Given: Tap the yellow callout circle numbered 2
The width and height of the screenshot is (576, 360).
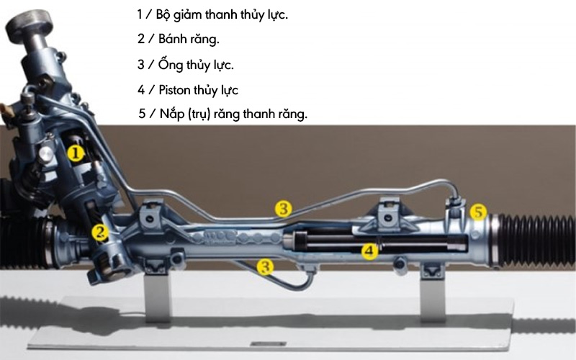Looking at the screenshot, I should point(99,232).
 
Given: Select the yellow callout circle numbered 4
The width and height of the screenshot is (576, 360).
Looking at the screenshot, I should point(369,251).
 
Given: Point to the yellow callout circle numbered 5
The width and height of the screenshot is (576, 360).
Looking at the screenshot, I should point(479,212).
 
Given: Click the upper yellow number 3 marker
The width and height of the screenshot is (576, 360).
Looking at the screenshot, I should point(284,209).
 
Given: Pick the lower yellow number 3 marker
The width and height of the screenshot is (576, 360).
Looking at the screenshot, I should point(266,266).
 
